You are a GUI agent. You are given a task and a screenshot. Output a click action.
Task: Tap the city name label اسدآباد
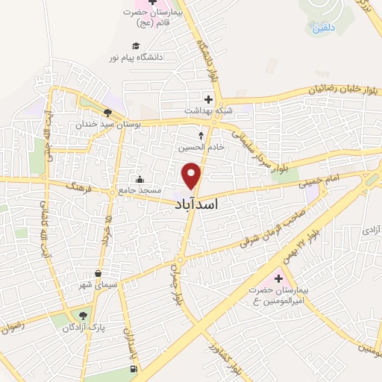[204, 201]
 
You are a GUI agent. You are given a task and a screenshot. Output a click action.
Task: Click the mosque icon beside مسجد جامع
[140, 179]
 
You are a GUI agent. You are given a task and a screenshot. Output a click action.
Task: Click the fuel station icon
[133, 369]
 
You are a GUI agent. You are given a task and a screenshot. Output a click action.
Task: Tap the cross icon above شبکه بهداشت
[208, 99]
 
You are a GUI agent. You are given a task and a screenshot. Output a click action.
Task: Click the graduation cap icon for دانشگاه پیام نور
[135, 46]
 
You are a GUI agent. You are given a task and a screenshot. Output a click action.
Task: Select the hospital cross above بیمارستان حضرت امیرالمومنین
[278, 278]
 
